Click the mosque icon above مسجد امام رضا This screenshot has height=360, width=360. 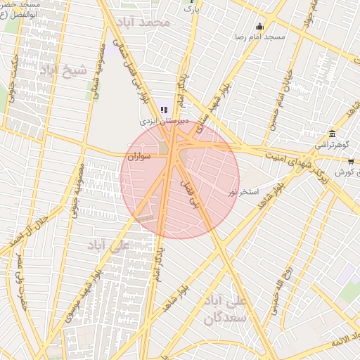coord(259,27)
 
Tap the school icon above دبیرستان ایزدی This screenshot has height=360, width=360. coord(164,110)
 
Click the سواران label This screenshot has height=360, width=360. coord(141,156)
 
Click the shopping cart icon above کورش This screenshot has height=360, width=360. coord(351,162)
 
